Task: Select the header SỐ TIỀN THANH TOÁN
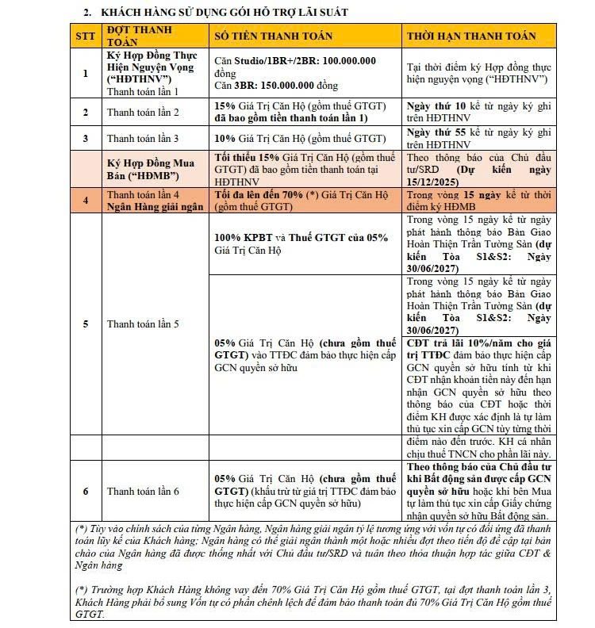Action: coord(274,36)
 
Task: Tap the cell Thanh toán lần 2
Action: coord(143,112)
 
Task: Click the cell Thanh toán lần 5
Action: coord(143,324)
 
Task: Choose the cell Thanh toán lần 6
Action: coord(143,491)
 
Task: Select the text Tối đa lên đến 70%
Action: coord(257,195)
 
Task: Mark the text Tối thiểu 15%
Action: coord(245,158)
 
